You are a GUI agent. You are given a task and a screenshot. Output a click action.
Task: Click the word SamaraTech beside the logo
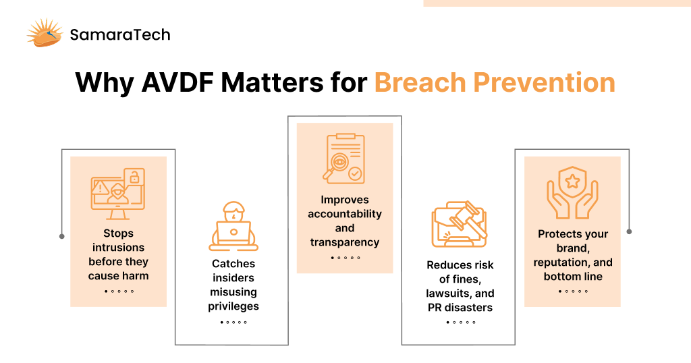pyautogui.click(x=120, y=34)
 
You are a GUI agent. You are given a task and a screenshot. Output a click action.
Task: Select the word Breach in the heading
pyautogui.click(x=420, y=82)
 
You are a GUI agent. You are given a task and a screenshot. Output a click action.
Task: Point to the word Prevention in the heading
pyautogui.click(x=545, y=82)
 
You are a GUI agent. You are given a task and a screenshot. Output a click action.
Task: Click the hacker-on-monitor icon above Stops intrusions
pyautogui.click(x=118, y=194)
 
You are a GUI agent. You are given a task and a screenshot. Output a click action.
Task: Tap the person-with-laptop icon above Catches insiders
pyautogui.click(x=233, y=226)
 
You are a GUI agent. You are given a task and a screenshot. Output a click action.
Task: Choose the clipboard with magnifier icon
pyautogui.click(x=343, y=159)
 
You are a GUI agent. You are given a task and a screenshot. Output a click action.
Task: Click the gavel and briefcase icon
pyautogui.click(x=460, y=224)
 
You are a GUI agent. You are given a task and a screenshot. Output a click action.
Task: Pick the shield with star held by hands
pyautogui.click(x=572, y=192)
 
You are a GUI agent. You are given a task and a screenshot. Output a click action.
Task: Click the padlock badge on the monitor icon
pyautogui.click(x=134, y=177)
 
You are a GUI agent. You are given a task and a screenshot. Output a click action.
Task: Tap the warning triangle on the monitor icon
pyautogui.click(x=101, y=188)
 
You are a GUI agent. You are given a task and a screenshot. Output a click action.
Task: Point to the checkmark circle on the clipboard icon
pyautogui.click(x=355, y=173)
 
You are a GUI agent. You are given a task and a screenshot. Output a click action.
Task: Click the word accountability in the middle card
pyautogui.click(x=345, y=214)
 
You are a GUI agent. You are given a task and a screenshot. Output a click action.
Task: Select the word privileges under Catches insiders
pyautogui.click(x=233, y=306)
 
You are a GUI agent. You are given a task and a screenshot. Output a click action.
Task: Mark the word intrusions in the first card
pyautogui.click(x=119, y=248)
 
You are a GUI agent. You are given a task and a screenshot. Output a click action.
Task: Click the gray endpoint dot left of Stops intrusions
pyautogui.click(x=61, y=237)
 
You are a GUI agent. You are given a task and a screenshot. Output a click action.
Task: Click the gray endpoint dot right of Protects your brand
pyautogui.click(x=629, y=231)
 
